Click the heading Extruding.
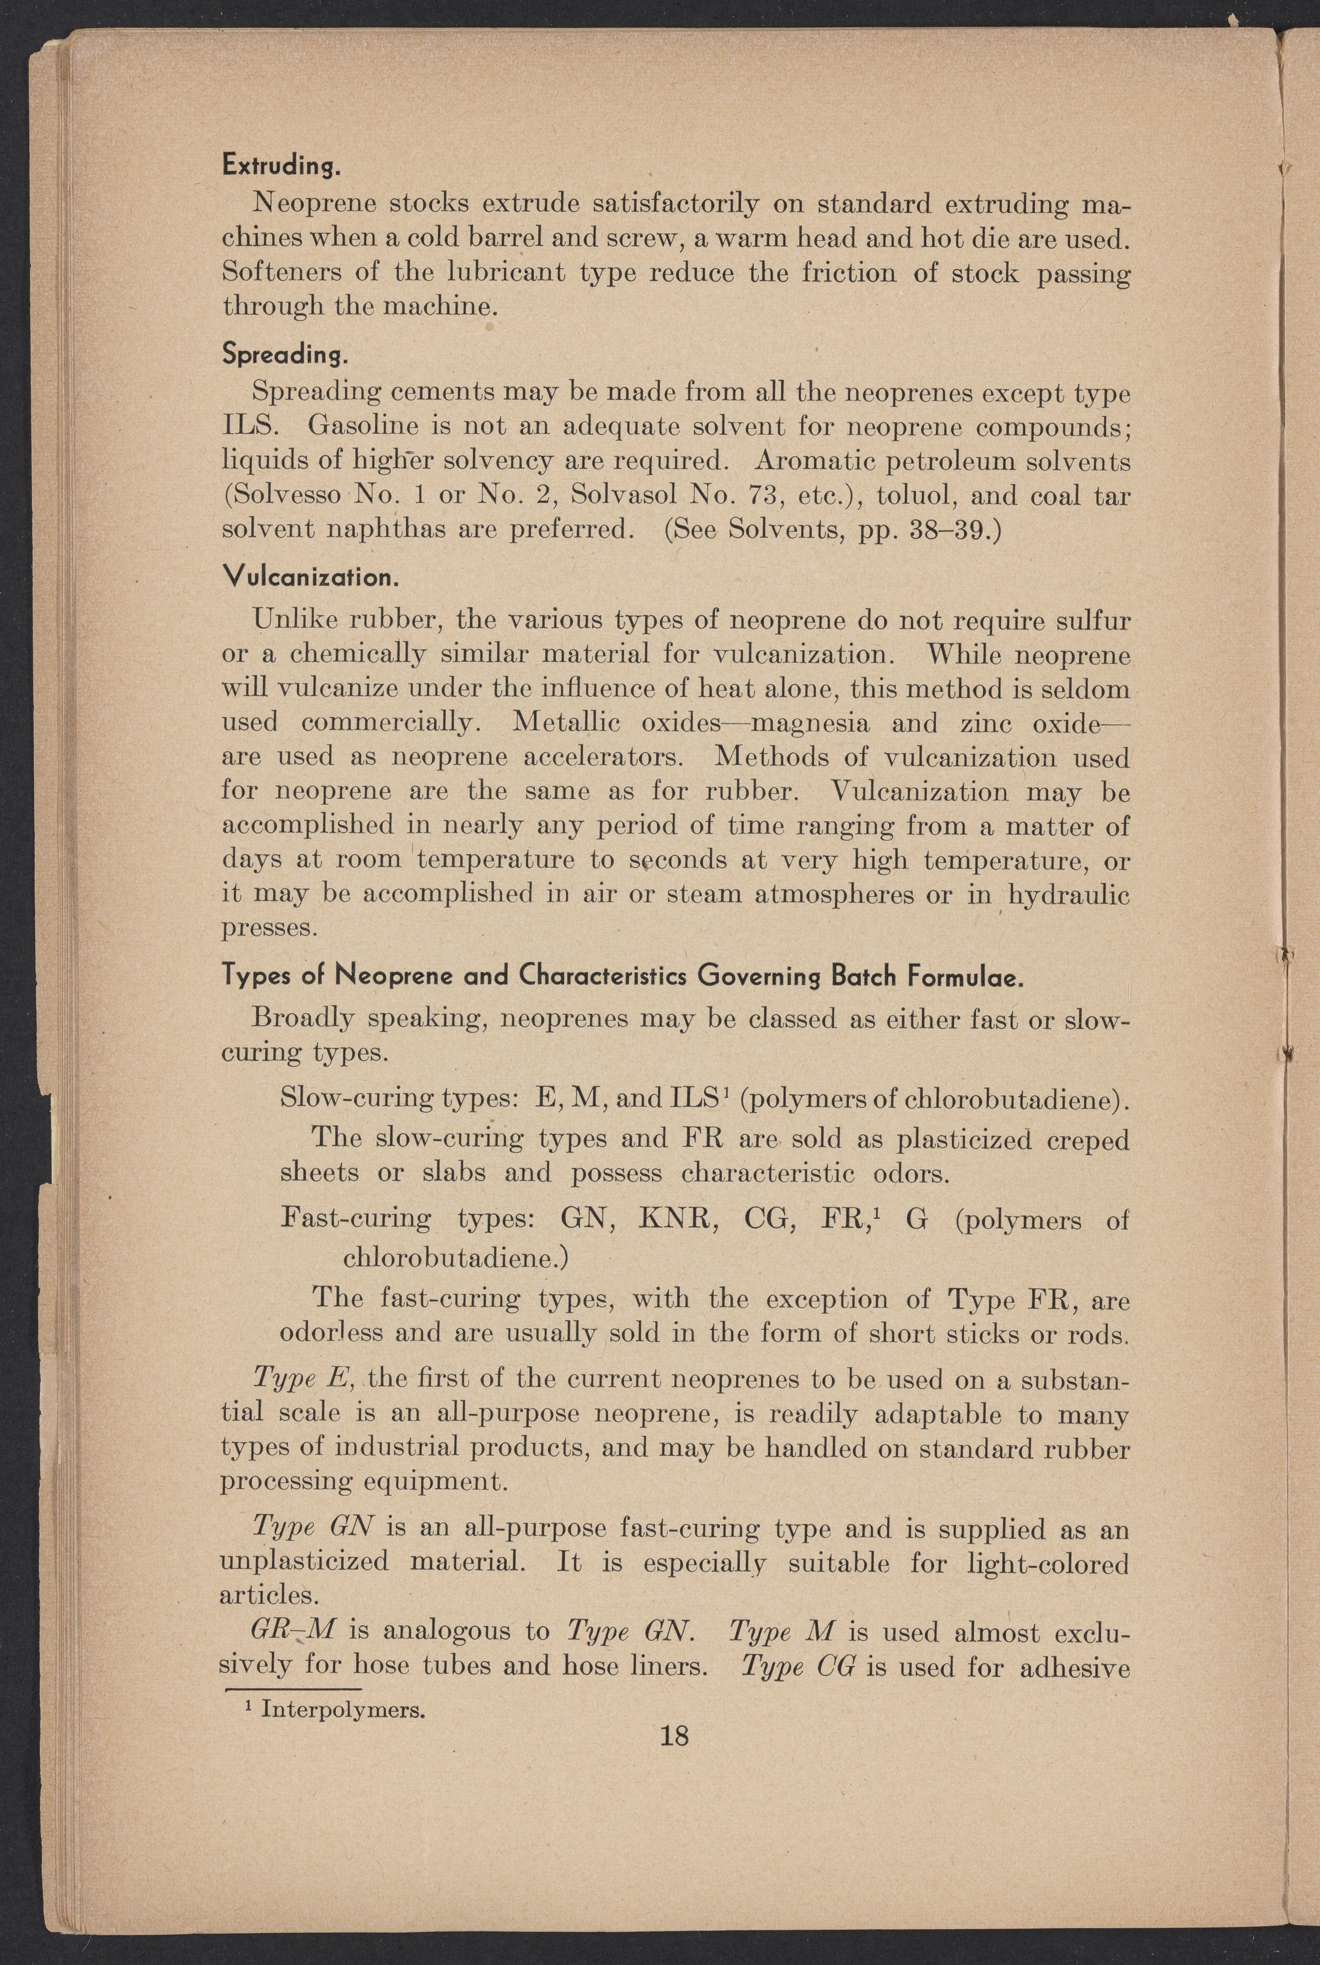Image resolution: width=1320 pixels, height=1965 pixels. (281, 165)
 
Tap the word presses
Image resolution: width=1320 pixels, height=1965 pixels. (269, 928)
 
